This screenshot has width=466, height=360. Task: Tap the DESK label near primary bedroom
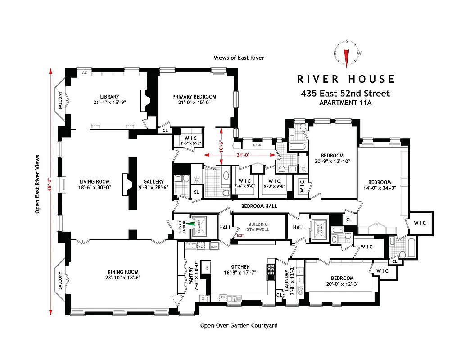pyautogui.click(x=257, y=145)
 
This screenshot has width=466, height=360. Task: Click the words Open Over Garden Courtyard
pyautogui.click(x=239, y=325)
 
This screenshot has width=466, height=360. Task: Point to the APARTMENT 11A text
pyautogui.click(x=345, y=103)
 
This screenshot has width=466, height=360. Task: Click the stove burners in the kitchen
pyautogui.click(x=271, y=269)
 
